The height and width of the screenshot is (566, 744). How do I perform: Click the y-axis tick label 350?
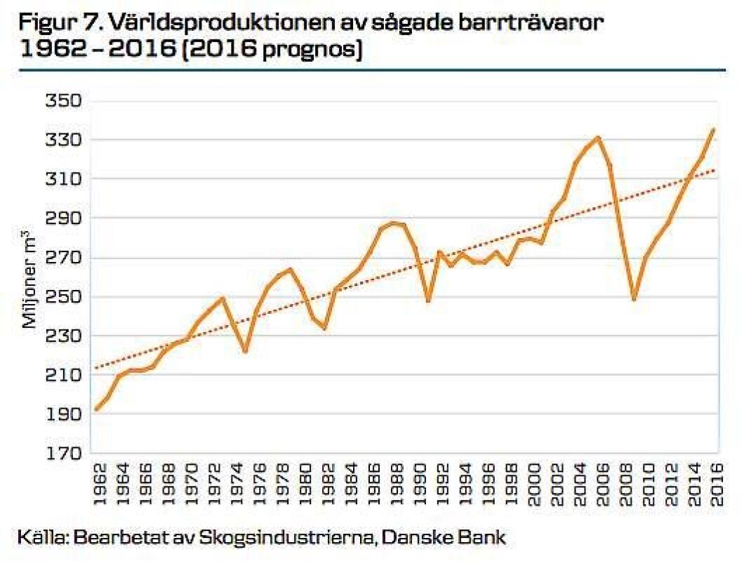(64, 100)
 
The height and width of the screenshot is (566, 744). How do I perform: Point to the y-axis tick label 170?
(64, 453)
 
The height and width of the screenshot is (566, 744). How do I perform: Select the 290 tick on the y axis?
(64, 218)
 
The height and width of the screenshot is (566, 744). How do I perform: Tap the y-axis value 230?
(64, 336)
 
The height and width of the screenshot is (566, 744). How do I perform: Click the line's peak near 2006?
(598, 138)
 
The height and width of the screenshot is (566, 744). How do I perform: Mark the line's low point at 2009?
(634, 299)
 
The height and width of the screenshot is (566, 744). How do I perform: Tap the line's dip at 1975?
(245, 351)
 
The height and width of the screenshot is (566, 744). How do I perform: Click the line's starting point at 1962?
(97, 409)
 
